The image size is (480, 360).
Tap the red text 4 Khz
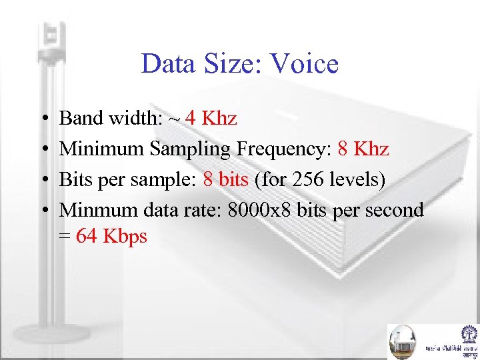point(211,119)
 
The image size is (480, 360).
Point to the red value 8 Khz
point(363,149)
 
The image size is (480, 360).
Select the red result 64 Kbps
point(111,236)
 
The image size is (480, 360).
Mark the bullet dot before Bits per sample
point(43,181)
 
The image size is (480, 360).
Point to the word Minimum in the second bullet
point(102,149)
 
